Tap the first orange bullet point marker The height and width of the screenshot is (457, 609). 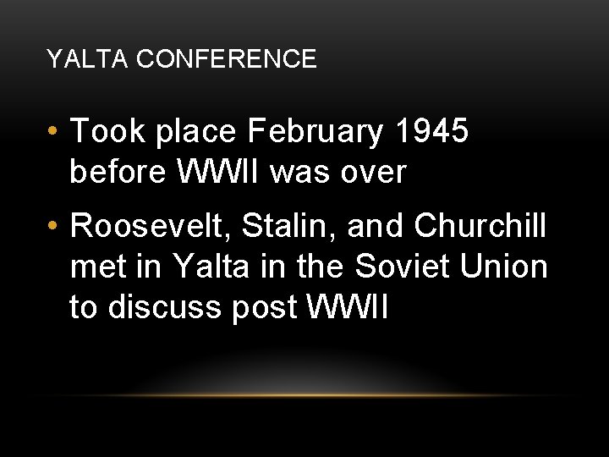(53, 132)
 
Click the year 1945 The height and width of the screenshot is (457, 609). (431, 132)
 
